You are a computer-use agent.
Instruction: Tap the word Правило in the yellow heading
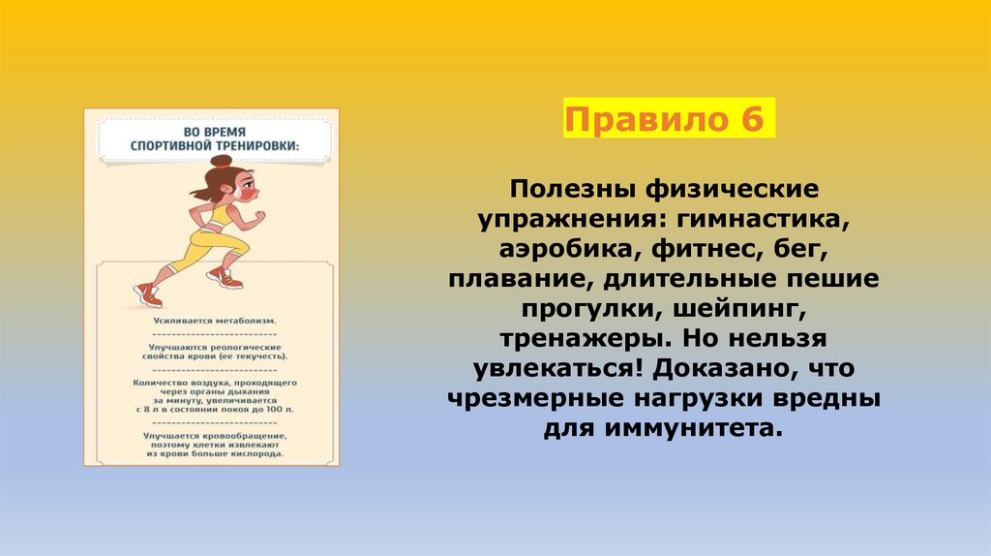644,122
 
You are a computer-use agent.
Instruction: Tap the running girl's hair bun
223,160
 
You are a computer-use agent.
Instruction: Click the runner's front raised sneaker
225,279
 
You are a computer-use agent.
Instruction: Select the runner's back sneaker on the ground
147,293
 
